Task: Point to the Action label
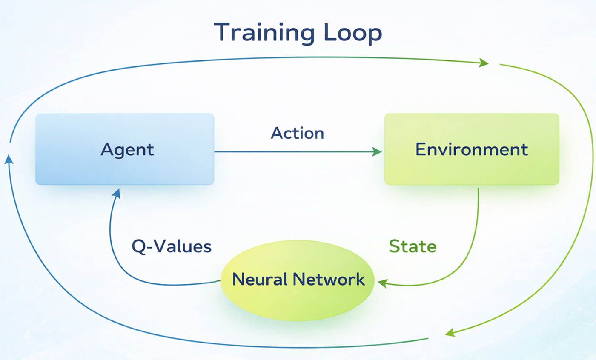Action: [x=297, y=133]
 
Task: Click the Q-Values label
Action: [x=172, y=246]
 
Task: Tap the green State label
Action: [x=413, y=246]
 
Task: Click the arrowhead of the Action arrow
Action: [x=377, y=152]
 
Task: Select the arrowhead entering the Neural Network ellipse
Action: [x=382, y=283]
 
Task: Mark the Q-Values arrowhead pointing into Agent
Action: [x=116, y=194]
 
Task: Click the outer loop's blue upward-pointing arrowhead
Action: [x=9, y=160]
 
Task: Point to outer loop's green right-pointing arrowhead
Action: [x=484, y=63]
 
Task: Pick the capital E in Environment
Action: [x=421, y=150]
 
